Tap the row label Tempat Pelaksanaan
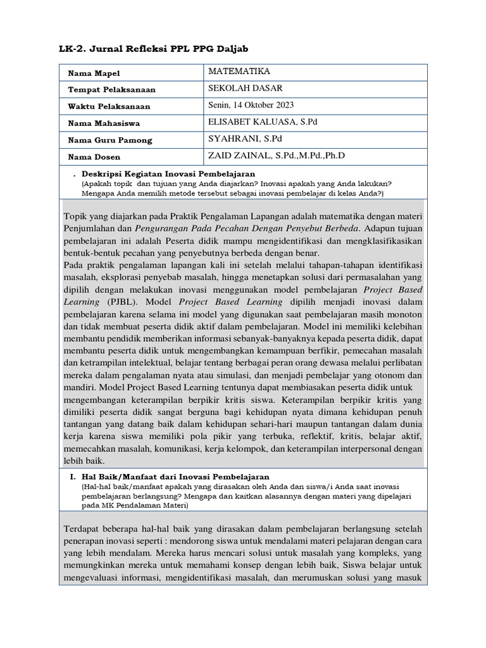[x=111, y=90]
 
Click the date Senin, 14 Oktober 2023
[x=251, y=105]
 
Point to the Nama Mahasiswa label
[x=104, y=123]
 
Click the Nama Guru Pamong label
[x=110, y=140]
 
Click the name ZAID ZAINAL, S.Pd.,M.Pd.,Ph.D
[x=277, y=156]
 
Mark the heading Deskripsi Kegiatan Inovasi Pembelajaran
[x=168, y=173]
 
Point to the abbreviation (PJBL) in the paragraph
[x=116, y=302]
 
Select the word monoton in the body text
[x=403, y=315]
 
